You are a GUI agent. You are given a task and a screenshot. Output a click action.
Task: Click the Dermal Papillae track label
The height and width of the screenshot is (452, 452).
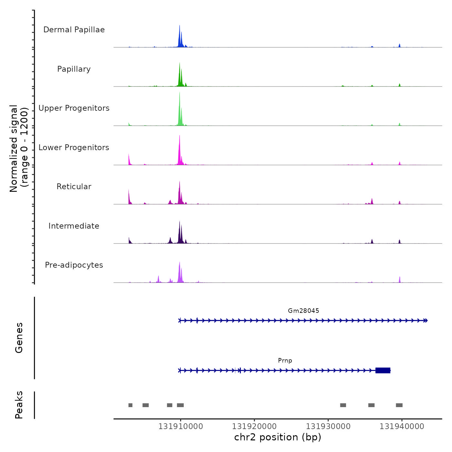[74, 30]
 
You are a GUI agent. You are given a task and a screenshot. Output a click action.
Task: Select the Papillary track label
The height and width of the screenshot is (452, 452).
[74, 69]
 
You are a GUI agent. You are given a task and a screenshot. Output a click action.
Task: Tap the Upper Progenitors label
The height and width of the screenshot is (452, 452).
[74, 108]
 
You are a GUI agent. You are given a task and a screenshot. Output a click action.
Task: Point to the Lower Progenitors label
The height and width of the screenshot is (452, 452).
[74, 148]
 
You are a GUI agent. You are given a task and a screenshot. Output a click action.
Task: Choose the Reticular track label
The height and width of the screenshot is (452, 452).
[74, 187]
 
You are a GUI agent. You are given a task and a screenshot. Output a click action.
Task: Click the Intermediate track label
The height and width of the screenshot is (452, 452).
[74, 226]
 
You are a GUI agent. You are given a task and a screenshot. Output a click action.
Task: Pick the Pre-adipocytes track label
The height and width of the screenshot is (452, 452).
[74, 265]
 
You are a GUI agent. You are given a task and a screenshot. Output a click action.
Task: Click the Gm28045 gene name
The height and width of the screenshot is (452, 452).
[303, 311]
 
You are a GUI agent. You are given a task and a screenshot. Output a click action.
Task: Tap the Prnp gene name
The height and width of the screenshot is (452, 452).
[285, 360]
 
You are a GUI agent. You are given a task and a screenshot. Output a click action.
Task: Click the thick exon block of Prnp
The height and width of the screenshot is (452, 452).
[383, 370]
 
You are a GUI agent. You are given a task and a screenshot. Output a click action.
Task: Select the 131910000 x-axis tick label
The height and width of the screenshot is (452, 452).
[180, 426]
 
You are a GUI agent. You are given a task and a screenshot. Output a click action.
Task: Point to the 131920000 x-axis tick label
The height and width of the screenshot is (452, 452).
[254, 426]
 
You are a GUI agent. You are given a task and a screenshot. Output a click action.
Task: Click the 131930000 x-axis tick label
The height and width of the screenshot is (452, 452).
[328, 426]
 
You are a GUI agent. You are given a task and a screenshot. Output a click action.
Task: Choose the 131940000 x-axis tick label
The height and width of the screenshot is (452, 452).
[402, 426]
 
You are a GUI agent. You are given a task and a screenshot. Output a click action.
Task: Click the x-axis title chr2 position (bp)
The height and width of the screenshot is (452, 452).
[278, 437]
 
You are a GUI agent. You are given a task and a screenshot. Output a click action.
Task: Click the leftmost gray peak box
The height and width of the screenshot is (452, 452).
[130, 405]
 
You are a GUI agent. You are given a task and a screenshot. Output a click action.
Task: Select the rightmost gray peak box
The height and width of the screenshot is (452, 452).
[399, 405]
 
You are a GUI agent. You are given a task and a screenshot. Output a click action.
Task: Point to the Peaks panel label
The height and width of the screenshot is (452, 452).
[19, 405]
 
